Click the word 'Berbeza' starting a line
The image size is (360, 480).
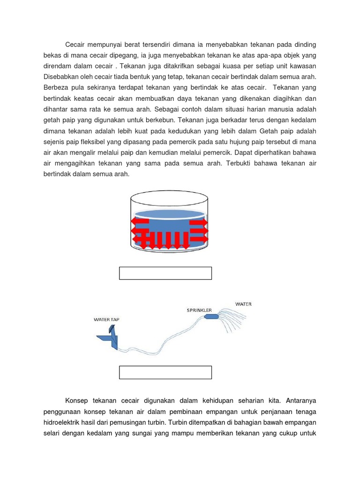coord(56,88)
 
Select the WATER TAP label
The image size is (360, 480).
coord(106,320)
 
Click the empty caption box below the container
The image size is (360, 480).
coord(165,273)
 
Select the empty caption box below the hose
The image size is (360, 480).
coord(165,372)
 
